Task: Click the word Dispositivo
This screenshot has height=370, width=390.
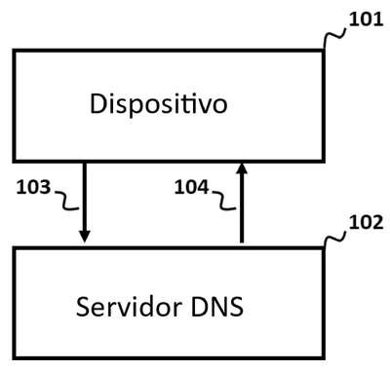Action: tap(158, 104)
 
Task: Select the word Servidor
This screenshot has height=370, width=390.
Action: tap(129, 307)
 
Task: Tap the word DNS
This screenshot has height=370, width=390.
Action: tap(217, 307)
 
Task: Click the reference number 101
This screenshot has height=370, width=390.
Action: tap(366, 19)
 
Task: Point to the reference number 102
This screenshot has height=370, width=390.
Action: tap(366, 223)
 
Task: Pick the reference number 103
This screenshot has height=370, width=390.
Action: tap(33, 187)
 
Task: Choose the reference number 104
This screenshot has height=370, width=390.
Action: tap(191, 187)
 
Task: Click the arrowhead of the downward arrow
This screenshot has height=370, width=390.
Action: tap(85, 237)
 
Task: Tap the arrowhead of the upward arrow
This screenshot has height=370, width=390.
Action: tap(242, 168)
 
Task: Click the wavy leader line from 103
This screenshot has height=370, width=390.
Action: tap(66, 202)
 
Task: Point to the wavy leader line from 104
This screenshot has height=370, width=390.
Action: tap(224, 202)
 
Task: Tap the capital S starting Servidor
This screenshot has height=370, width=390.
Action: tap(82, 307)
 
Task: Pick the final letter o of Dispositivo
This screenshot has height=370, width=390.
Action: tap(220, 106)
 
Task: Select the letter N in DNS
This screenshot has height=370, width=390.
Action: tap(218, 307)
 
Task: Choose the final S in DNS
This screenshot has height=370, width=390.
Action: tap(237, 307)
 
